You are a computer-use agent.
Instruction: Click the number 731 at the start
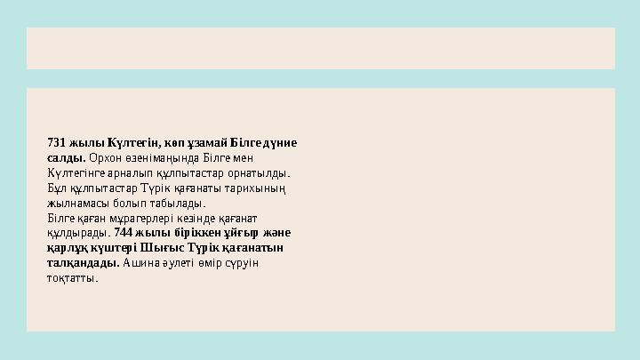pyautogui.click(x=56, y=143)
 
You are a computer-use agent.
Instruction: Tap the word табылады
pyautogui.click(x=181, y=204)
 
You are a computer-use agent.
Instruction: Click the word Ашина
pyautogui.click(x=139, y=264)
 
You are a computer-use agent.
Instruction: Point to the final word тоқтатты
pyautogui.click(x=72, y=279)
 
